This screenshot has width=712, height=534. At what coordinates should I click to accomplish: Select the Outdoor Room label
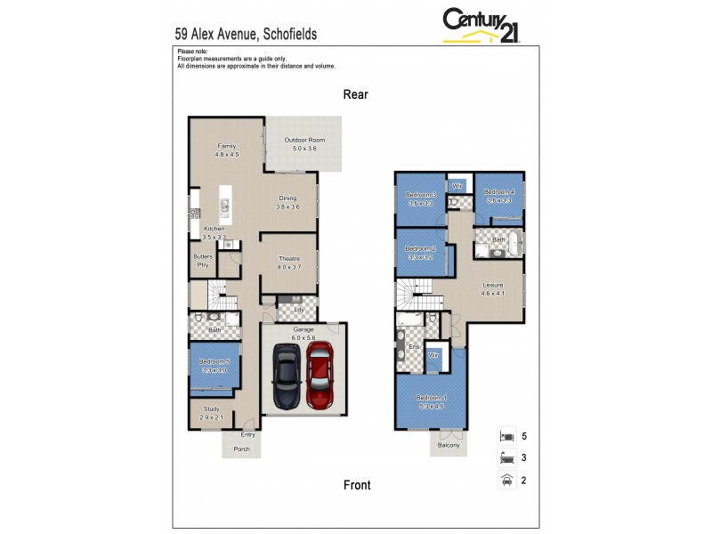pos(304,141)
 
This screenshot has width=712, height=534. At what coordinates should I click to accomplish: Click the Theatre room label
pos(288,258)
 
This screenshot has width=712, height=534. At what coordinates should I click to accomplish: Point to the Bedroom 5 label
pos(214,360)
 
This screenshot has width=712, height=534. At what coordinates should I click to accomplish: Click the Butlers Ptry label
pos(203,260)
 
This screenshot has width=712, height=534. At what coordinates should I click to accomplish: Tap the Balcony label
pos(449,445)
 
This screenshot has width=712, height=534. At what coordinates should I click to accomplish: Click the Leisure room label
pos(492,285)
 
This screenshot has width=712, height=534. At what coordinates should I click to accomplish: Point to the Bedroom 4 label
pos(499,192)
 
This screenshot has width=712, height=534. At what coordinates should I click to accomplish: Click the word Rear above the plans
pos(356,93)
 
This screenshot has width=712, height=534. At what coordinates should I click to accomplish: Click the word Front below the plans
pos(357,485)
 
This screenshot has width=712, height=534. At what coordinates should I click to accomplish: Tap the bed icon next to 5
pos(506,437)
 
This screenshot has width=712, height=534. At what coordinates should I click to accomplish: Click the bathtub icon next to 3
pos(506,459)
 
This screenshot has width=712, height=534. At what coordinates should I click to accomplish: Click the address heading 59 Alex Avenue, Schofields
pos(246,34)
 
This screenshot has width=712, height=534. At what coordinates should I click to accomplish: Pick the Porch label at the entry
pos(241,449)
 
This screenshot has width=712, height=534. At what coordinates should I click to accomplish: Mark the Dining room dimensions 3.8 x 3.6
pos(287,206)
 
